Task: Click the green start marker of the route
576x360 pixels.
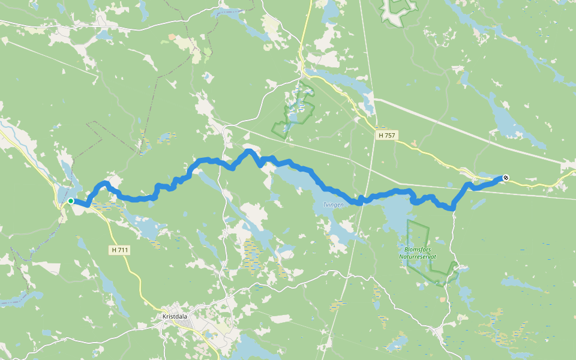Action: [71, 201]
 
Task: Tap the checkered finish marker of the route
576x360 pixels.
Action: [506, 177]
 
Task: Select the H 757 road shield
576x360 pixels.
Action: [387, 136]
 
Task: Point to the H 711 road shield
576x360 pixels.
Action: [120, 250]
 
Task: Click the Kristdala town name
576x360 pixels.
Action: [175, 316]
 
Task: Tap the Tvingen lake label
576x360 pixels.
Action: [334, 205]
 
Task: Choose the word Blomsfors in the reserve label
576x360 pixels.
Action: [418, 250]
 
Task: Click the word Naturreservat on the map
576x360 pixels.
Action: [418, 257]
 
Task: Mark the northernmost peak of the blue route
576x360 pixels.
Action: [248, 151]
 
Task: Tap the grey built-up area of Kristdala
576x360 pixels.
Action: [189, 325]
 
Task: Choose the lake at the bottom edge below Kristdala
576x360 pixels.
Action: [252, 348]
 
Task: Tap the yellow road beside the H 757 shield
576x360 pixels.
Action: [414, 145]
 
